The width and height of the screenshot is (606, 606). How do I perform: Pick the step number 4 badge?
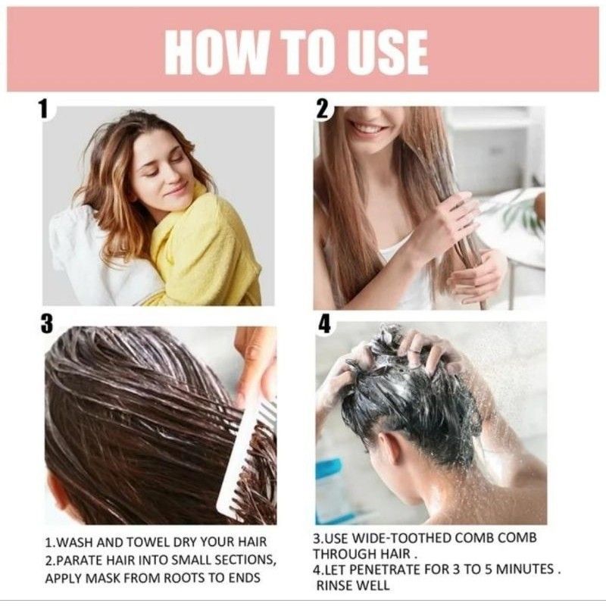324,323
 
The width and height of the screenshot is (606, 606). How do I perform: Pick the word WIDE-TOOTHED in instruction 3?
398,538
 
